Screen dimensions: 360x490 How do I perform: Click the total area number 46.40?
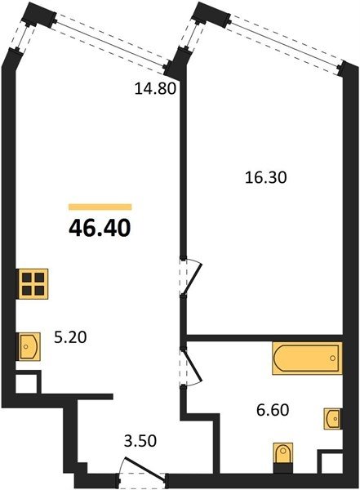[100, 228]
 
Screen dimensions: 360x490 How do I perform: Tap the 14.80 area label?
[155, 89]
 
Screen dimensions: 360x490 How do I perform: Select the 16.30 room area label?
[265, 178]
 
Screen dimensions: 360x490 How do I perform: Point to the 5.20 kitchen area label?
[70, 337]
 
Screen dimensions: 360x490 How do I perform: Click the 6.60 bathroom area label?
[273, 410]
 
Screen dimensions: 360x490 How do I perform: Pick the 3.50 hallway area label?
[140, 441]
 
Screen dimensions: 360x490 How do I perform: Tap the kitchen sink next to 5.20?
[29, 346]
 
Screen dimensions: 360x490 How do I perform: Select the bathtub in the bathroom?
[307, 358]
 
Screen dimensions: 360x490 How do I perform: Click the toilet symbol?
[283, 452]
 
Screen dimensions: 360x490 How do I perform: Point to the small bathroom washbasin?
[332, 418]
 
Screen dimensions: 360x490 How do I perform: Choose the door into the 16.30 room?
[191, 276]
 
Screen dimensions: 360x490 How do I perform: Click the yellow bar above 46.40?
[100, 207]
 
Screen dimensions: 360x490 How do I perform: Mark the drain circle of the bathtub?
[332, 359]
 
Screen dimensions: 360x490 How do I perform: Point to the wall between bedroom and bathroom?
[264, 338]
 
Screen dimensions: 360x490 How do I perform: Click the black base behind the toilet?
[283, 469]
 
